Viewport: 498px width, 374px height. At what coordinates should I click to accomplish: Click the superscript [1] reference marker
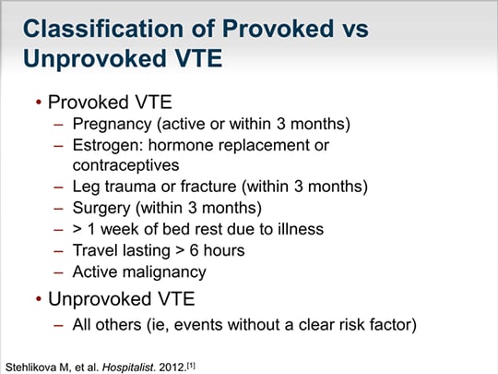click(190, 362)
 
